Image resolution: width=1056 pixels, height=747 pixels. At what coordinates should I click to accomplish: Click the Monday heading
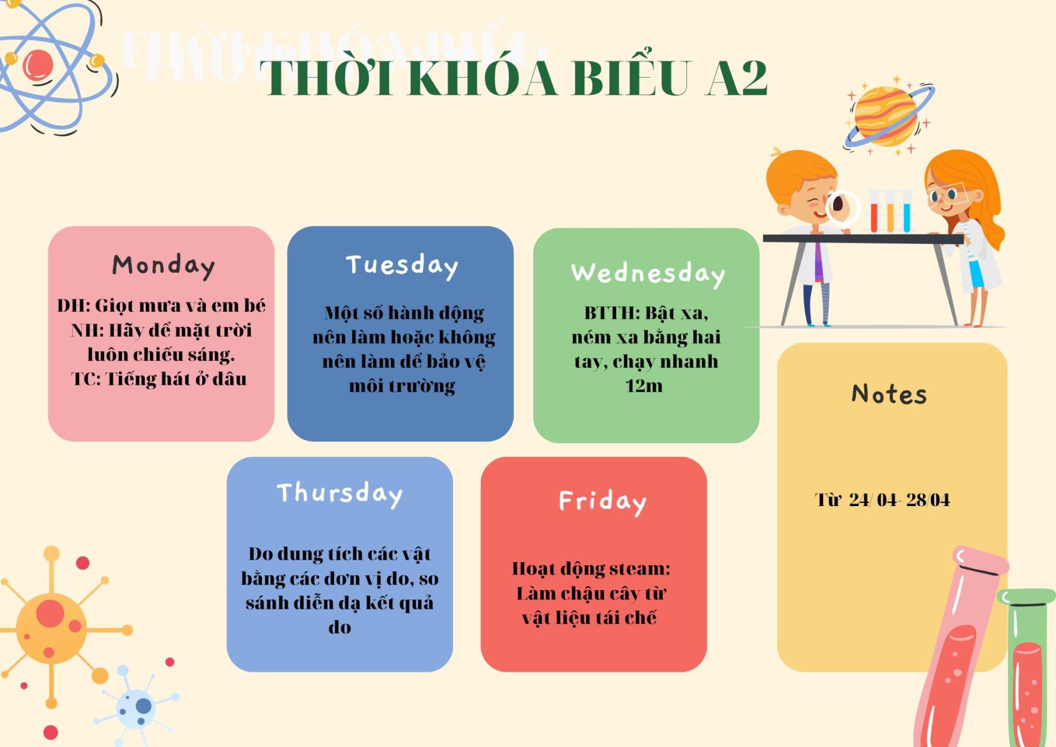[x=163, y=266]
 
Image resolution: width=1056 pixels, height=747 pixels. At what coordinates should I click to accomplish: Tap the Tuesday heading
[x=402, y=266]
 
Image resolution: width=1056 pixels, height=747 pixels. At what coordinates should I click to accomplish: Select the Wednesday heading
[x=648, y=274]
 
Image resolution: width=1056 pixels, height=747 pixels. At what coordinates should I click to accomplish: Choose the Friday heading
[x=602, y=502]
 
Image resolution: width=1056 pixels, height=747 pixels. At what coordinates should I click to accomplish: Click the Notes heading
[x=889, y=394]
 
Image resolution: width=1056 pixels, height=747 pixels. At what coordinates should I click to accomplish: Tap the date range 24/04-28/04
[x=899, y=500]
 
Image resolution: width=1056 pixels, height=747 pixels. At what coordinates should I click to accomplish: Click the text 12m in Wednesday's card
[x=644, y=386]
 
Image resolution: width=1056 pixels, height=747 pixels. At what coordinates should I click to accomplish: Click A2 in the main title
[x=736, y=79]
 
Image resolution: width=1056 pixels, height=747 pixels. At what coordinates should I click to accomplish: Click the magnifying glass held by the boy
[x=842, y=207]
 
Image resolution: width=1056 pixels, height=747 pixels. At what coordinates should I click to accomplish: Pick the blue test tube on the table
[x=906, y=212]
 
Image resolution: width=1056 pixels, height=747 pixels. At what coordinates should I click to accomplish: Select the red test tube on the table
[x=874, y=212]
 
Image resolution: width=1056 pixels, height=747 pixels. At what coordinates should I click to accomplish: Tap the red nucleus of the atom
[x=38, y=65]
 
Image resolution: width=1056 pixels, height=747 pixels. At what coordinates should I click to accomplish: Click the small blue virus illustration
[x=137, y=706]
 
